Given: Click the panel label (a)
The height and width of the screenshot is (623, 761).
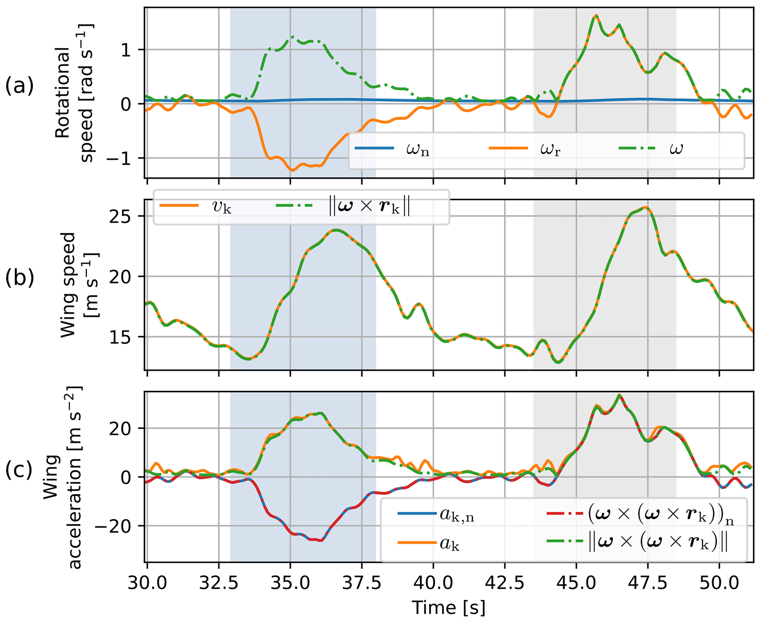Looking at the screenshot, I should click(19, 86).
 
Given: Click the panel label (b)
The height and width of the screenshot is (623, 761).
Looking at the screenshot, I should click(19, 278).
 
